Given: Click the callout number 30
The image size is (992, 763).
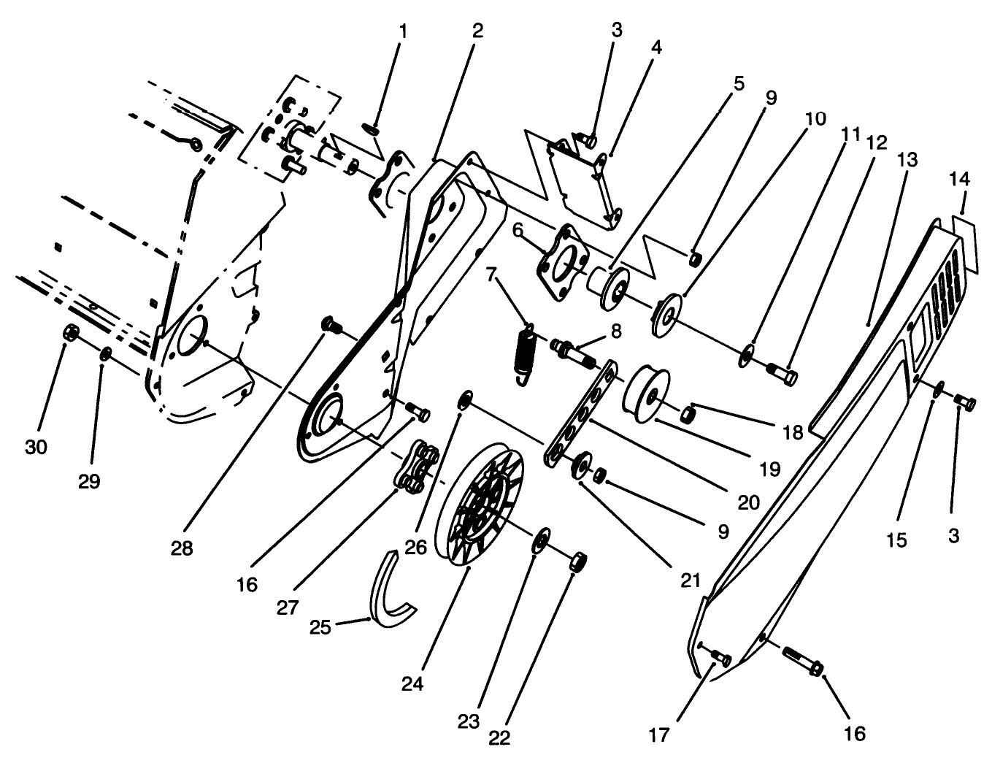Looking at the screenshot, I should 35,447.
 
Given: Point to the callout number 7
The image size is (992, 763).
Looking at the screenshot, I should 491,276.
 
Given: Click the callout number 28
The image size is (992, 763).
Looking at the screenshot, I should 182,548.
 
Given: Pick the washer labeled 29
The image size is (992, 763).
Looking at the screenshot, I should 106,354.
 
